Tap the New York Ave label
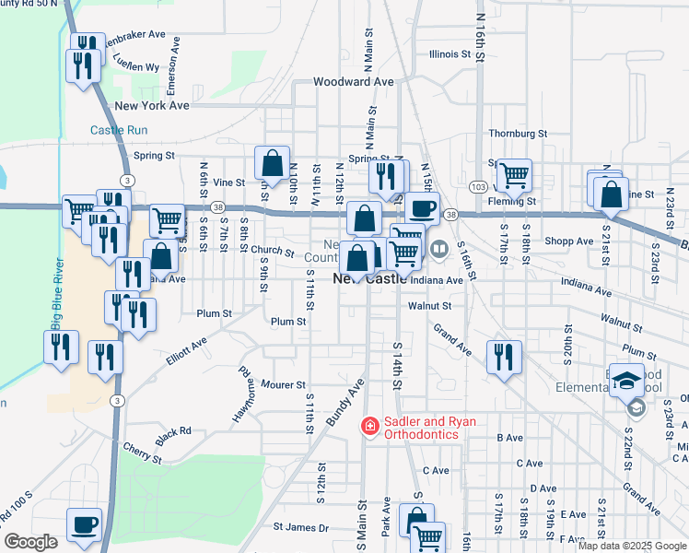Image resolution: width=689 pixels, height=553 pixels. coord(152,106)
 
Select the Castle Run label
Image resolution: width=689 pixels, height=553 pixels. coord(119,131)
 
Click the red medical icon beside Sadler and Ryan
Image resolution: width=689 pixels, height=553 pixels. coord(370,426)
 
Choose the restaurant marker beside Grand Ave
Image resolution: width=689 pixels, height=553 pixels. coord(503,355)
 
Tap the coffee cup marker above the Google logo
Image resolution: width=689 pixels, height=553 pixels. coord(85,524)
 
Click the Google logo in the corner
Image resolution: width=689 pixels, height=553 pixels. coord(30,542)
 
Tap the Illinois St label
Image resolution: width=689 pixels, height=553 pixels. coord(450,54)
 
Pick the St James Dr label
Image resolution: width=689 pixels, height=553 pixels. coord(300,528)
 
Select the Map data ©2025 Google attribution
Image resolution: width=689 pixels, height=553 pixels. coord(631,546)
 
